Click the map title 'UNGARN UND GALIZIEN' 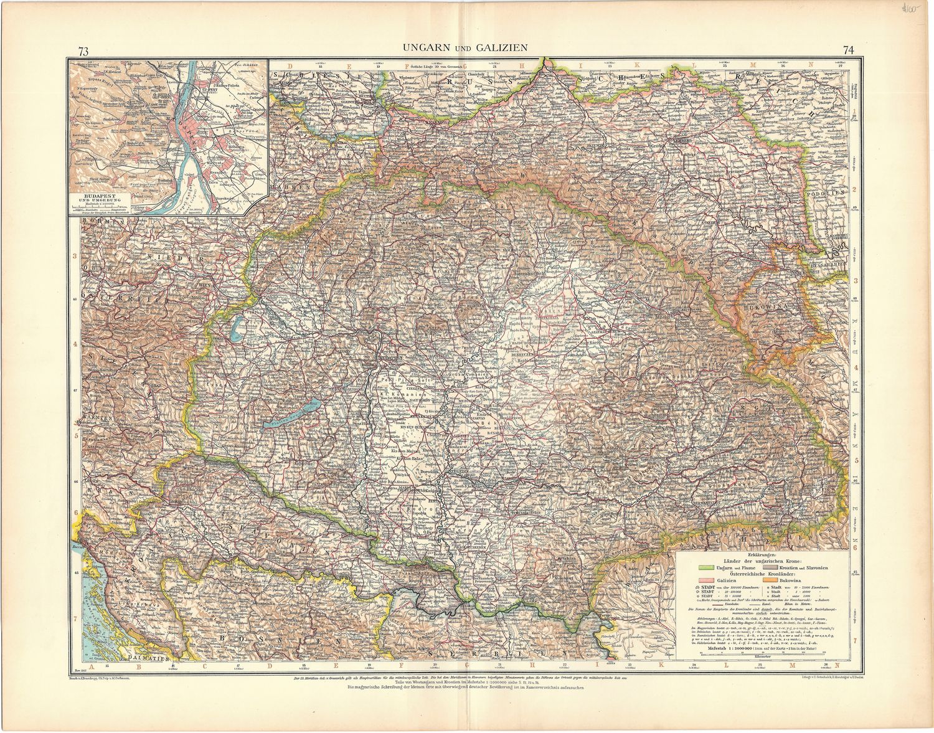click(x=465, y=47)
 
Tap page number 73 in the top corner click(x=83, y=50)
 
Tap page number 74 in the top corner click(x=849, y=50)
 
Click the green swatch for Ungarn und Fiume click(x=705, y=568)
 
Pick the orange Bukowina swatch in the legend click(x=780, y=580)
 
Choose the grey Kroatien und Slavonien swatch click(x=780, y=568)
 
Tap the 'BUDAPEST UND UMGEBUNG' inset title click(x=98, y=197)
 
